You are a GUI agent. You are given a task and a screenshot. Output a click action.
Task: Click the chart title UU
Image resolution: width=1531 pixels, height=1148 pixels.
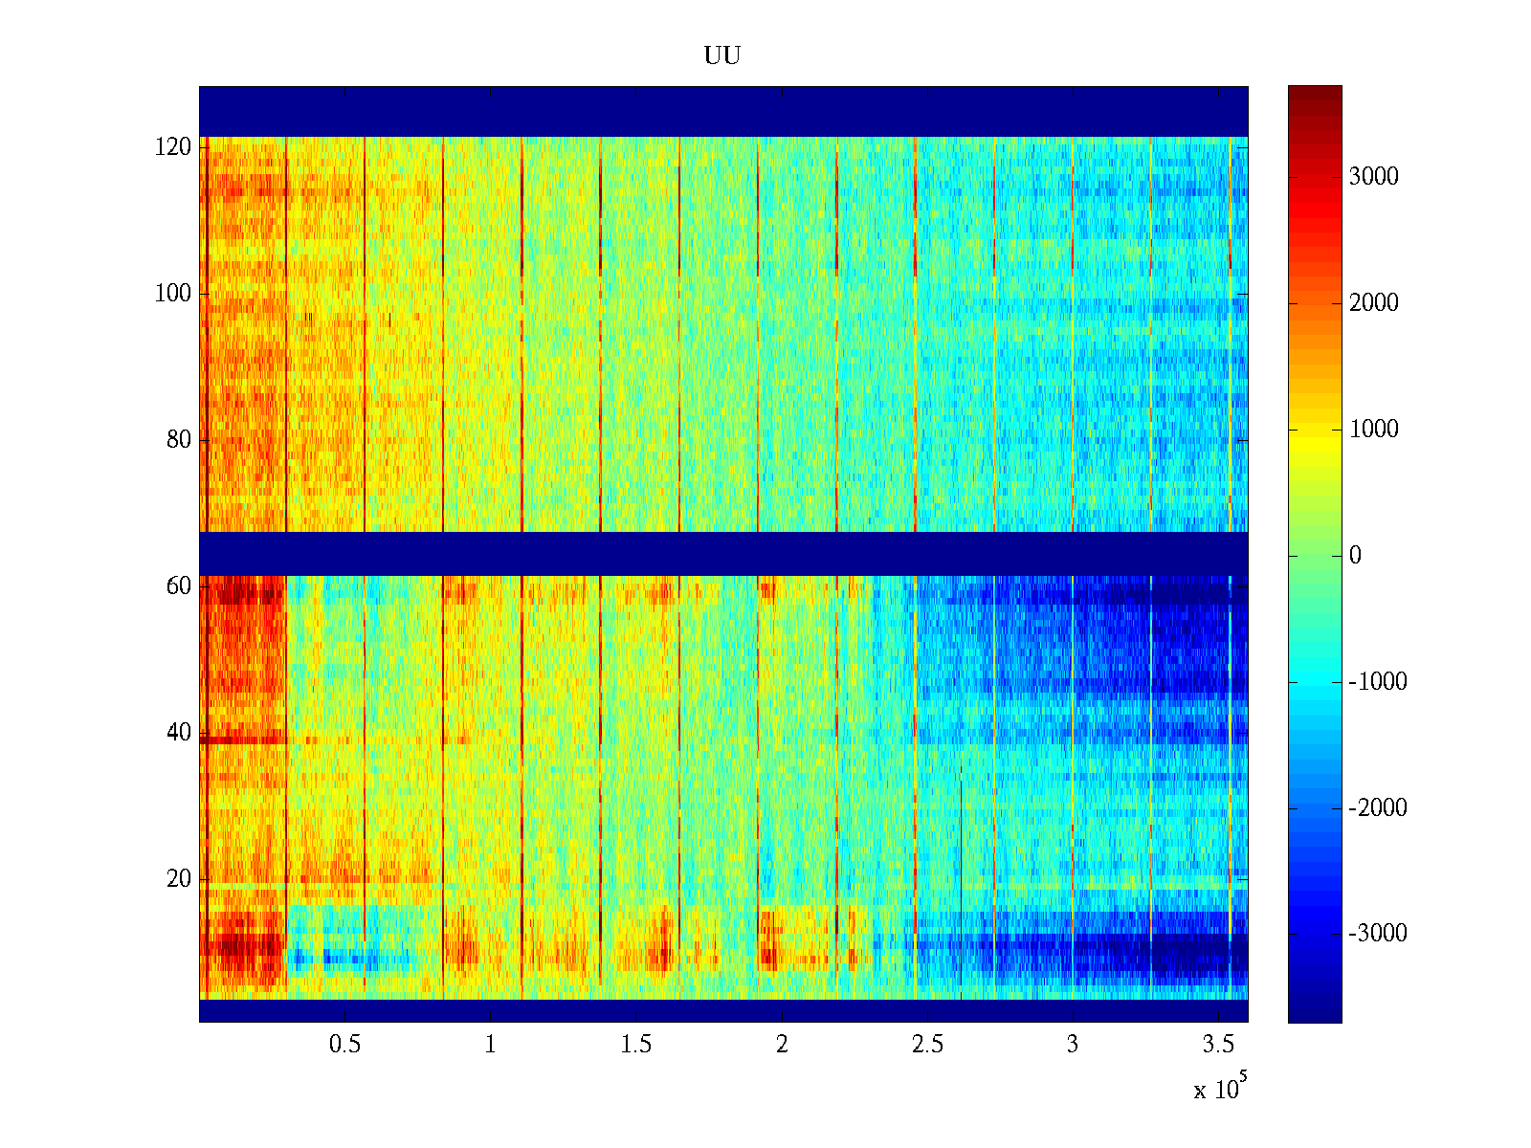pos(722,56)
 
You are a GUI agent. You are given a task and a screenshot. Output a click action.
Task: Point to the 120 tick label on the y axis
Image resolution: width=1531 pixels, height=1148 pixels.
pos(173,147)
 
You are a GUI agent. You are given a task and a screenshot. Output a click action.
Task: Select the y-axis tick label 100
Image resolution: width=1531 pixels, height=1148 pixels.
pos(173,294)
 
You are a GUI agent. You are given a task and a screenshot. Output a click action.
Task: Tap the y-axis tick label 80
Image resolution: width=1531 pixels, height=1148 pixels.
pos(179,440)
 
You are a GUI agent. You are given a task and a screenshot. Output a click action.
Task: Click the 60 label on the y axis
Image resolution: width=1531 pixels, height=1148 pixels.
pos(179,586)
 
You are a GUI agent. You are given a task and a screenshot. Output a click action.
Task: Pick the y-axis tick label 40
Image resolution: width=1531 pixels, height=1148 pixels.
pos(179,733)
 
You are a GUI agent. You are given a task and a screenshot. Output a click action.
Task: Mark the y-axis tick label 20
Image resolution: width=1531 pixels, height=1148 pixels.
pos(179,879)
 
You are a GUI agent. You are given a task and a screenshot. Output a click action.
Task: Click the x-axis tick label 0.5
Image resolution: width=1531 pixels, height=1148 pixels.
pos(344,1045)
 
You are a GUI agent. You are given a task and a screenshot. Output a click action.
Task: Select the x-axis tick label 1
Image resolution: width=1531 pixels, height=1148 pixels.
pos(490,1045)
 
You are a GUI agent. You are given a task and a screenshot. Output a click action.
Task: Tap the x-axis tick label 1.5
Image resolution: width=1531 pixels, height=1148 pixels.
pos(635,1045)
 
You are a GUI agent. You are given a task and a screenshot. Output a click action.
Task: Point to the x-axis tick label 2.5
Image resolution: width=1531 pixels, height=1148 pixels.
pos(926,1045)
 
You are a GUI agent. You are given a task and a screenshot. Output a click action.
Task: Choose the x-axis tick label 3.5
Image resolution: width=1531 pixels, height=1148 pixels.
pos(1217,1045)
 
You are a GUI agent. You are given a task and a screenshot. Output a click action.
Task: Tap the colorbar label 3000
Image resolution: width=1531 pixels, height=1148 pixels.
pos(1373,177)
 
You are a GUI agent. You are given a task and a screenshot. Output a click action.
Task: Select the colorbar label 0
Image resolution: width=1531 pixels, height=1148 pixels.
pos(1355,556)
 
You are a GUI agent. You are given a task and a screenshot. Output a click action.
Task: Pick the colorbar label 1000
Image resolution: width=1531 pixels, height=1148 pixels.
pos(1373,430)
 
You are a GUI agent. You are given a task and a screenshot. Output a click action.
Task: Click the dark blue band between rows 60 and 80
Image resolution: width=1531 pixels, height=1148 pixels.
pos(723,553)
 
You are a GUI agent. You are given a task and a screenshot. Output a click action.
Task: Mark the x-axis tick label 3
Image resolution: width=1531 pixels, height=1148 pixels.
pos(1072,1045)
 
